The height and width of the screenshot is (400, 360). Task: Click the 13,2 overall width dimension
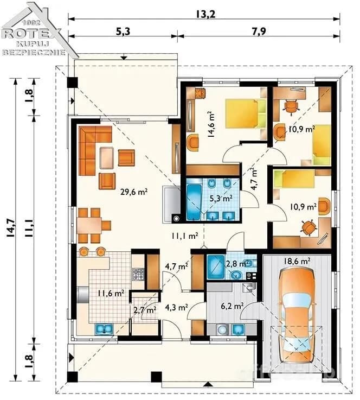[205, 14]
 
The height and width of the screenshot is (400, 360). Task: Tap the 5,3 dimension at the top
[123, 31]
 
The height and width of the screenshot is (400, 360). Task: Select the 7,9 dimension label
[259, 31]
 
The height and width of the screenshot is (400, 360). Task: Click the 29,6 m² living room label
[134, 192]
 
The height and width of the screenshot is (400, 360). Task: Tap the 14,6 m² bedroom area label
[211, 124]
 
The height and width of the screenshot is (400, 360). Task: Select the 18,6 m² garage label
[297, 261]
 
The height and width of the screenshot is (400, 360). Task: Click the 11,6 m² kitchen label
[111, 293]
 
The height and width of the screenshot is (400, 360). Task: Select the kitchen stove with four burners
[138, 275]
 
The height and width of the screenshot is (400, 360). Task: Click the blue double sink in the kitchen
[104, 329]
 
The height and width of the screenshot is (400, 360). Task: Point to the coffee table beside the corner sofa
[106, 158]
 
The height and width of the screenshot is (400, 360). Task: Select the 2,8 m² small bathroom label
[237, 264]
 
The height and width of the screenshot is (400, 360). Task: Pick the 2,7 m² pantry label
[145, 310]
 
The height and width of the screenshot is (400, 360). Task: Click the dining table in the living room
[89, 226]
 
